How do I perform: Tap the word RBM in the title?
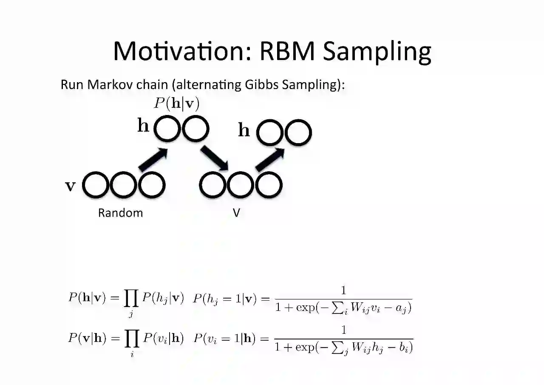(x=287, y=51)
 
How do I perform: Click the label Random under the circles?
(x=120, y=213)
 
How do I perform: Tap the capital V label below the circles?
(x=236, y=213)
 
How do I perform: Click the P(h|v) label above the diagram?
(x=176, y=103)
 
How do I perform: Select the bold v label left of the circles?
(x=70, y=186)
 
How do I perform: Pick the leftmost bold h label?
(x=143, y=126)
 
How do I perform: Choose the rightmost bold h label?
(x=244, y=130)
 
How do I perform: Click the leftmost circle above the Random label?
(x=95, y=185)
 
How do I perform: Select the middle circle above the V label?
(x=240, y=185)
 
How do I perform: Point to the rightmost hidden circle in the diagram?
(x=298, y=132)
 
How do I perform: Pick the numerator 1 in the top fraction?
(x=343, y=290)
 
